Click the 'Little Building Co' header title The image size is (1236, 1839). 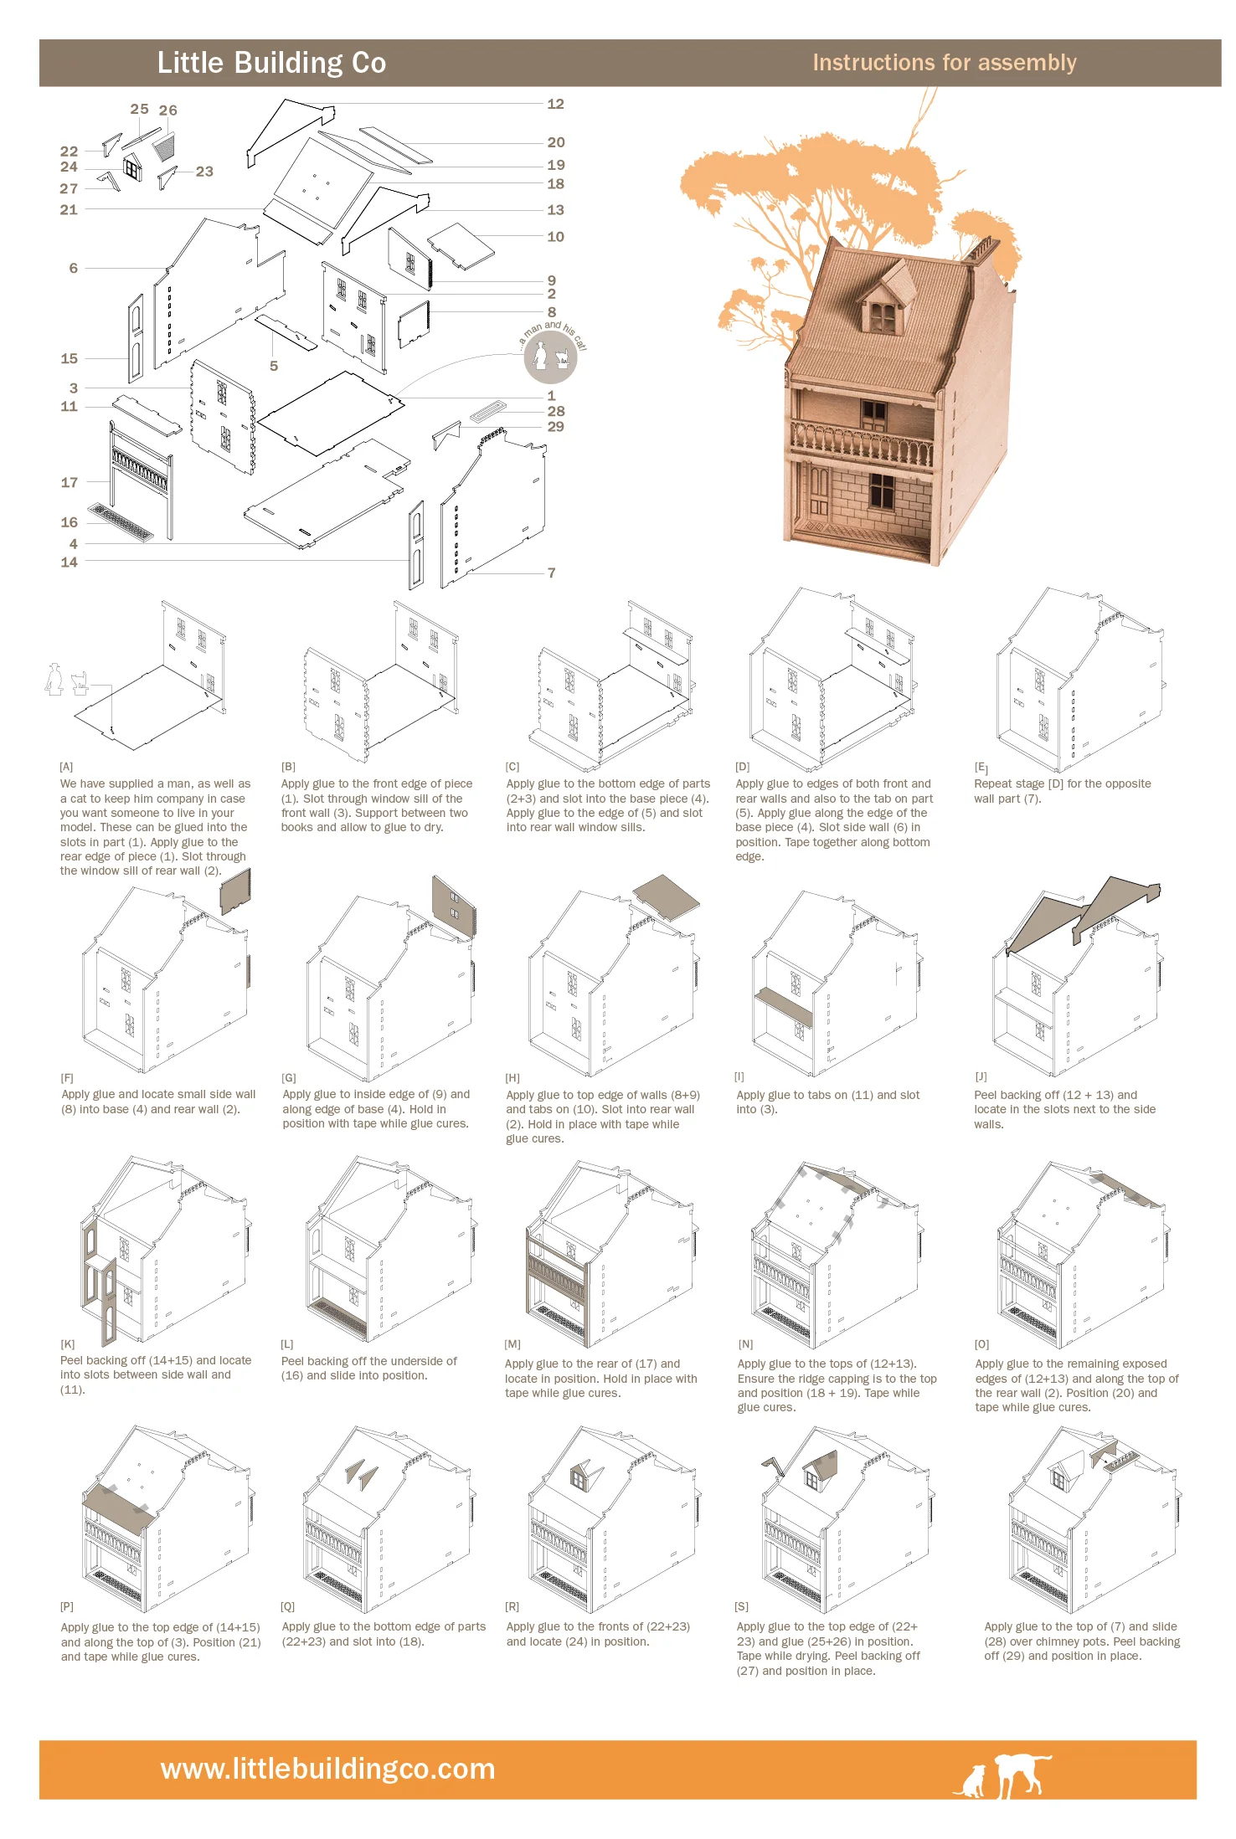pos(271,63)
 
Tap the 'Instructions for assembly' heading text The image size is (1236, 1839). pos(944,63)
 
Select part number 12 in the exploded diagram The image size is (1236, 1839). pos(555,104)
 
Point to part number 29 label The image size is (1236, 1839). pos(555,427)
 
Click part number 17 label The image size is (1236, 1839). pos(70,482)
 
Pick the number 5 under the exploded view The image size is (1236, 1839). pos(274,366)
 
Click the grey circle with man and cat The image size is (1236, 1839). pos(550,356)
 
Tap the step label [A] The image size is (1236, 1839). pos(66,767)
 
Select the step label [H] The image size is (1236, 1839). pos(512,1078)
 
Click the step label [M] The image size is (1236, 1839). pos(512,1344)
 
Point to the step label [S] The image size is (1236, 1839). pos(741,1606)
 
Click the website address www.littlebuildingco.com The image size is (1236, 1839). pos(327,1769)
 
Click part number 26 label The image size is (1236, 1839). pos(168,110)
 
